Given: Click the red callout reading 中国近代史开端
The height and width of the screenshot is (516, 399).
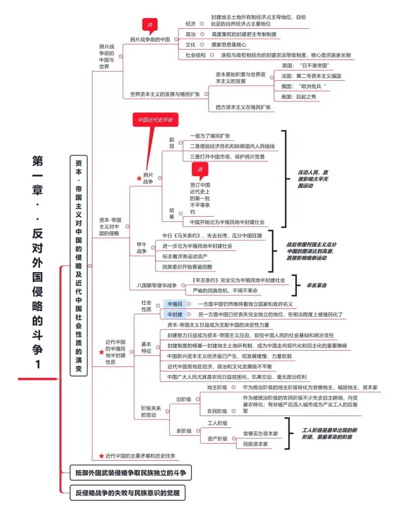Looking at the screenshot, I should (x=155, y=120).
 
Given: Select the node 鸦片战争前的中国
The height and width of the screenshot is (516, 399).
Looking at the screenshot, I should (x=150, y=40).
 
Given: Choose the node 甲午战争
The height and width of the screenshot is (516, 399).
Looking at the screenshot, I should (x=142, y=247).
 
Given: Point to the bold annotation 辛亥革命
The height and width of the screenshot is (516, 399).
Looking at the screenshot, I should (x=317, y=285).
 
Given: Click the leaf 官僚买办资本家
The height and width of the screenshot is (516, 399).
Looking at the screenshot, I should (x=260, y=434).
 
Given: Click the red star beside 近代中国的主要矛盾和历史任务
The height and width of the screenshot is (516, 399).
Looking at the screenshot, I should (x=101, y=456).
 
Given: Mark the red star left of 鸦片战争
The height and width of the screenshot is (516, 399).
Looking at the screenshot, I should (x=139, y=178).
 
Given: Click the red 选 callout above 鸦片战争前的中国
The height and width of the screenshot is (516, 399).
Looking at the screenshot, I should (x=150, y=24).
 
